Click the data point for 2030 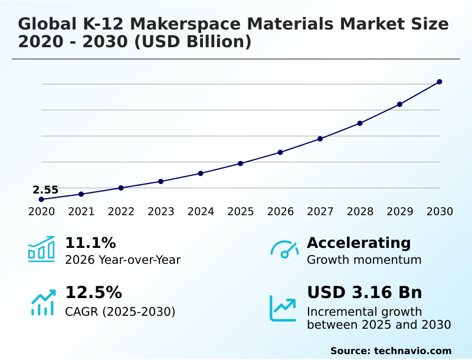coord(440,81)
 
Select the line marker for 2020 coord(41,199)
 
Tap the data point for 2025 coord(241,163)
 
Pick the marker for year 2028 coord(360,123)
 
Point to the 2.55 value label coord(45,190)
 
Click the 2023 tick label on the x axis coord(161,212)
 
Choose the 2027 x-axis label coord(320,212)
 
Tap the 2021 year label coord(81,212)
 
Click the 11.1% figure coord(90,243)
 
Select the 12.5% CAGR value coord(93,293)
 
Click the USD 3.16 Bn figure coord(365,293)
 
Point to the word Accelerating coord(359,243)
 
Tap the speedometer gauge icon coord(284,250)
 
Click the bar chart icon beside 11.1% coord(41,249)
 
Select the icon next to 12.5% coord(42,302)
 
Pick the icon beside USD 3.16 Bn coord(283,308)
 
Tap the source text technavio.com coord(412,351)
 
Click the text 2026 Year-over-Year coord(123,260)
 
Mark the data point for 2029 coord(399,104)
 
